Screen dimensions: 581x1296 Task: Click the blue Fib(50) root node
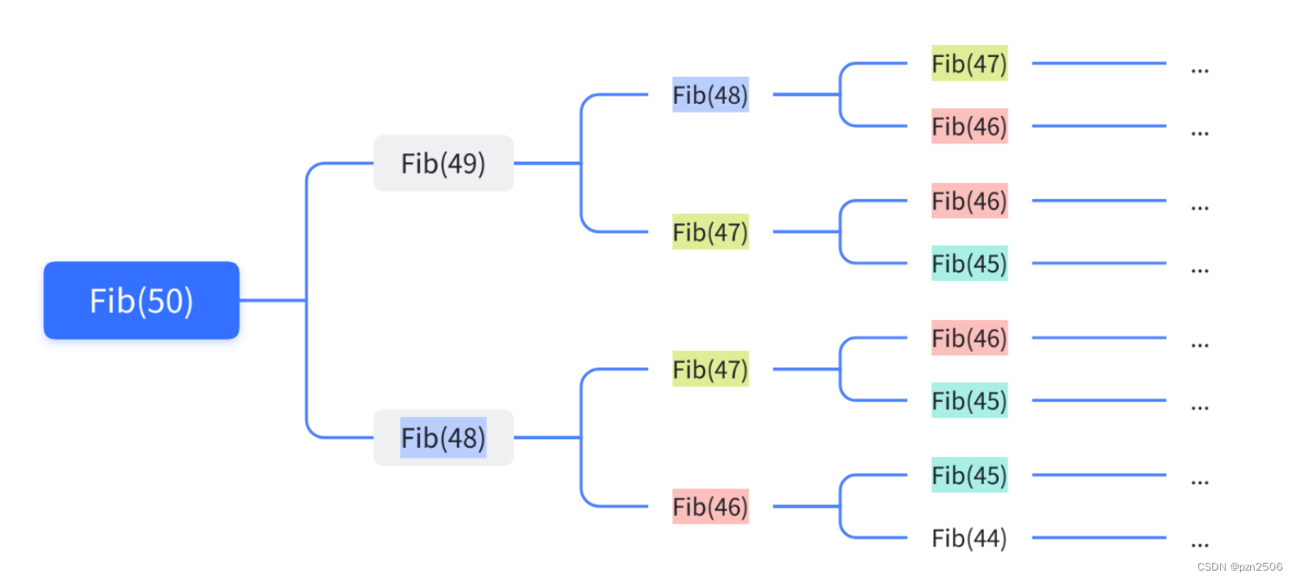pos(141,300)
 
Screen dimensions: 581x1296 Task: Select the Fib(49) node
pos(443,163)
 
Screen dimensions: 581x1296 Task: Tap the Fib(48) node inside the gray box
pos(443,437)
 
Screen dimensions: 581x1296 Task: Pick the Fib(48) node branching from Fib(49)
pos(710,94)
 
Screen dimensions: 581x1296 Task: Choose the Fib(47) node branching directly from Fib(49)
pos(710,232)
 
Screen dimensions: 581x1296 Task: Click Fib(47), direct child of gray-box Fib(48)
pos(710,369)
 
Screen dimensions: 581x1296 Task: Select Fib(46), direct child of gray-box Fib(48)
pos(710,507)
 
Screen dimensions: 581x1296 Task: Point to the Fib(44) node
pos(969,539)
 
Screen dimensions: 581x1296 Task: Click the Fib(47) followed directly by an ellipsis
pos(969,63)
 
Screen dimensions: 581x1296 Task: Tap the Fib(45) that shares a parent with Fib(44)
pos(969,475)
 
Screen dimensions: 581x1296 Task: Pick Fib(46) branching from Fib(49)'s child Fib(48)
pos(969,126)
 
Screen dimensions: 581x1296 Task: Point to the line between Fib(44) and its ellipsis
pos(1099,538)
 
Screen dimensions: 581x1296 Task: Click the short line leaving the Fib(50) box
pos(272,300)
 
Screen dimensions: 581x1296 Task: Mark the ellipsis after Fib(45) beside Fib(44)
pos(1199,482)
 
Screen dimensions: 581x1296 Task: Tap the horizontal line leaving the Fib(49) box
pos(546,163)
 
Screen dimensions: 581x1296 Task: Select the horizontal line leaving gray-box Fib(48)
pos(546,437)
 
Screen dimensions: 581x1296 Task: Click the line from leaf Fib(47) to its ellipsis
pos(1099,63)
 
